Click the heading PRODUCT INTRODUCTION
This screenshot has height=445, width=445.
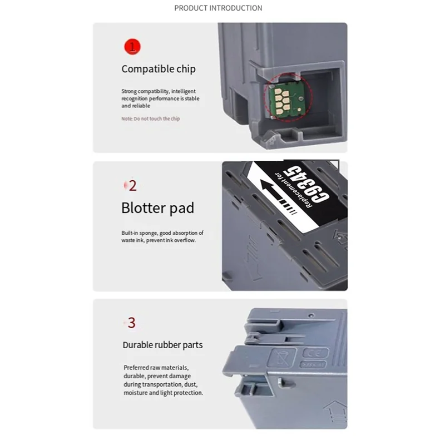click(x=218, y=8)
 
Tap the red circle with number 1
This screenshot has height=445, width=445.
click(x=132, y=46)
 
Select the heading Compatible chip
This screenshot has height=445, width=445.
click(x=159, y=69)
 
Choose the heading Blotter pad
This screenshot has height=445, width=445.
click(x=158, y=208)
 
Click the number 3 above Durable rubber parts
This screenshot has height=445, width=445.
click(x=131, y=323)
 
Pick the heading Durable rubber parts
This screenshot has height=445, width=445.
click(x=162, y=345)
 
